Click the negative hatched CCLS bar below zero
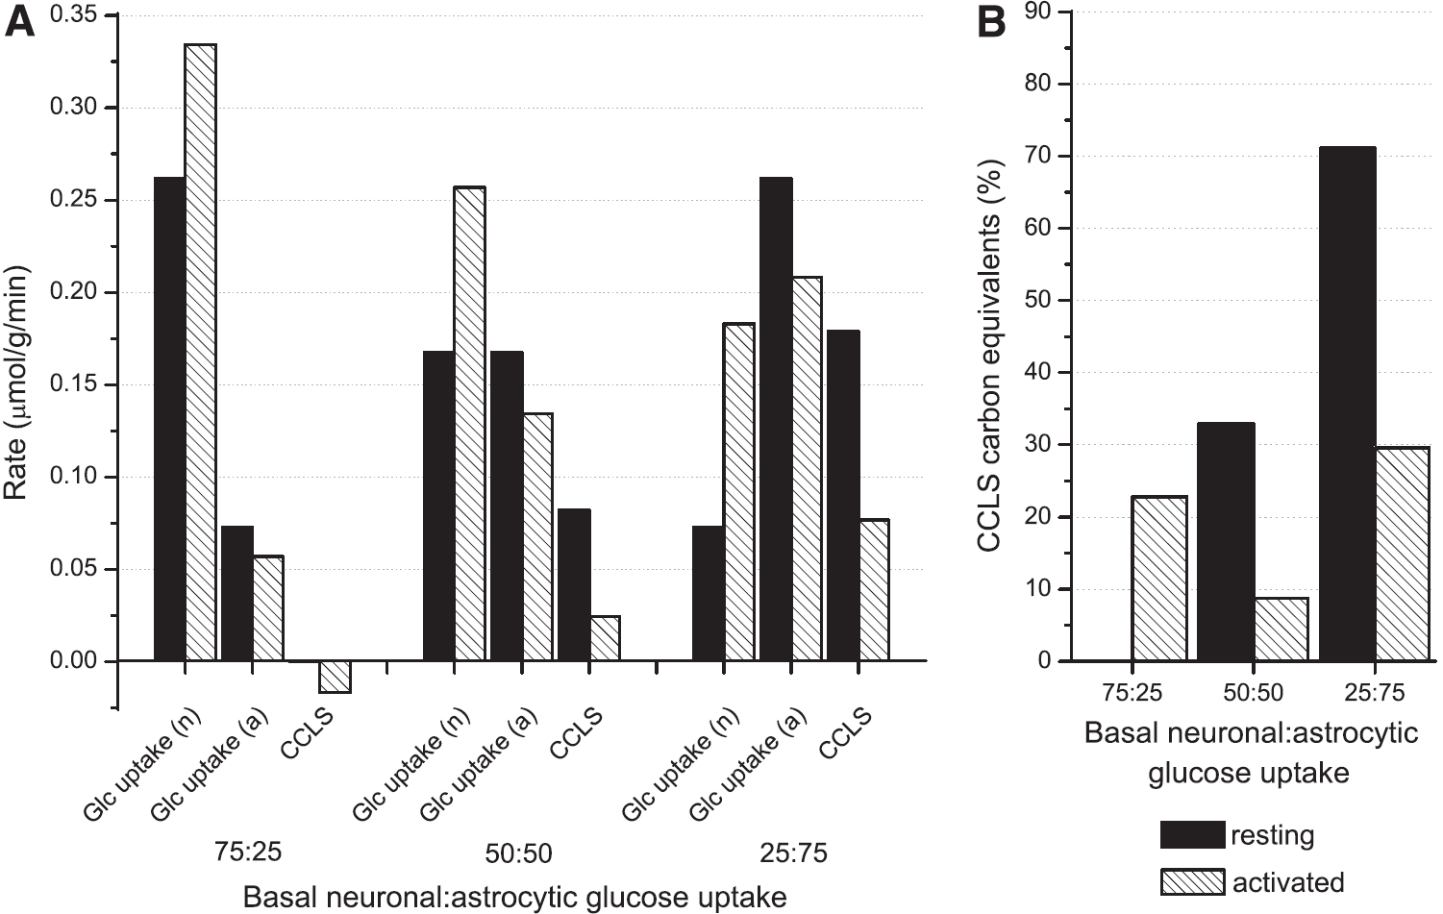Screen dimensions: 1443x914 (x=336, y=677)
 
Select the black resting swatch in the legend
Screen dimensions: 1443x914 (x=1192, y=835)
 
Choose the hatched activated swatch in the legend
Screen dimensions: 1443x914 (x=1192, y=881)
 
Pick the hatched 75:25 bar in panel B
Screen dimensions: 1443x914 (x=1158, y=579)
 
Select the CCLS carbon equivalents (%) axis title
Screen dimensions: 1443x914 (x=991, y=358)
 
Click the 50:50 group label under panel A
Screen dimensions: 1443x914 (x=518, y=853)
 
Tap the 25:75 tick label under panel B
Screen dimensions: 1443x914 (x=1374, y=692)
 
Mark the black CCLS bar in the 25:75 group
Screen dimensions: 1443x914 (x=843, y=496)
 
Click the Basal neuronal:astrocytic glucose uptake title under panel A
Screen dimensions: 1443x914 (x=514, y=898)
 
